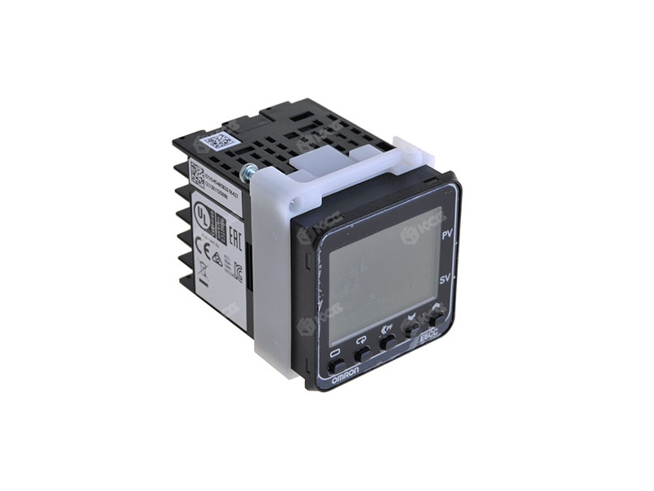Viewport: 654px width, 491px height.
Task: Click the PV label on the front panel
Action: [447, 236]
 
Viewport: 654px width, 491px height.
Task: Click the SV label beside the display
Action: [446, 279]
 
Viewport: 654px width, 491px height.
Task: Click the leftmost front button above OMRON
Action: [335, 361]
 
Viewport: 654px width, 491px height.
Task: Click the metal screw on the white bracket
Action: [247, 171]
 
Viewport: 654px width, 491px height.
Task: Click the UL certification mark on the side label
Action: [199, 214]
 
